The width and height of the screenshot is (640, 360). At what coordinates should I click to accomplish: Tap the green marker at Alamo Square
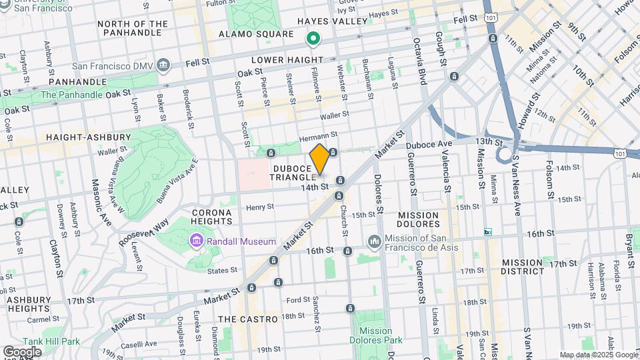[x=312, y=40]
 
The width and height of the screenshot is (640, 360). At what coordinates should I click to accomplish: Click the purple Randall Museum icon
[x=196, y=240]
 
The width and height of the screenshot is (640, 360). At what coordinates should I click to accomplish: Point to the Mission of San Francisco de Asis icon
[x=373, y=241]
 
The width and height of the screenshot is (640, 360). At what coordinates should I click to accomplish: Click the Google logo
[x=22, y=351]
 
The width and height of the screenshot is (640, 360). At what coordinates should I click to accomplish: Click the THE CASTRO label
[x=248, y=319]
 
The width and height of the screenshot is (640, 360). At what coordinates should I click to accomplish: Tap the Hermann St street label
[x=315, y=137]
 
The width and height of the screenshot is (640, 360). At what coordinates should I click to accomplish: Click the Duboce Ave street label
[x=436, y=143]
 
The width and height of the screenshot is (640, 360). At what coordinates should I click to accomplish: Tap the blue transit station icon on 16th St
[x=488, y=232]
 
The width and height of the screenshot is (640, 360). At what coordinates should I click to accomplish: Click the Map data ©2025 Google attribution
[x=599, y=355]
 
